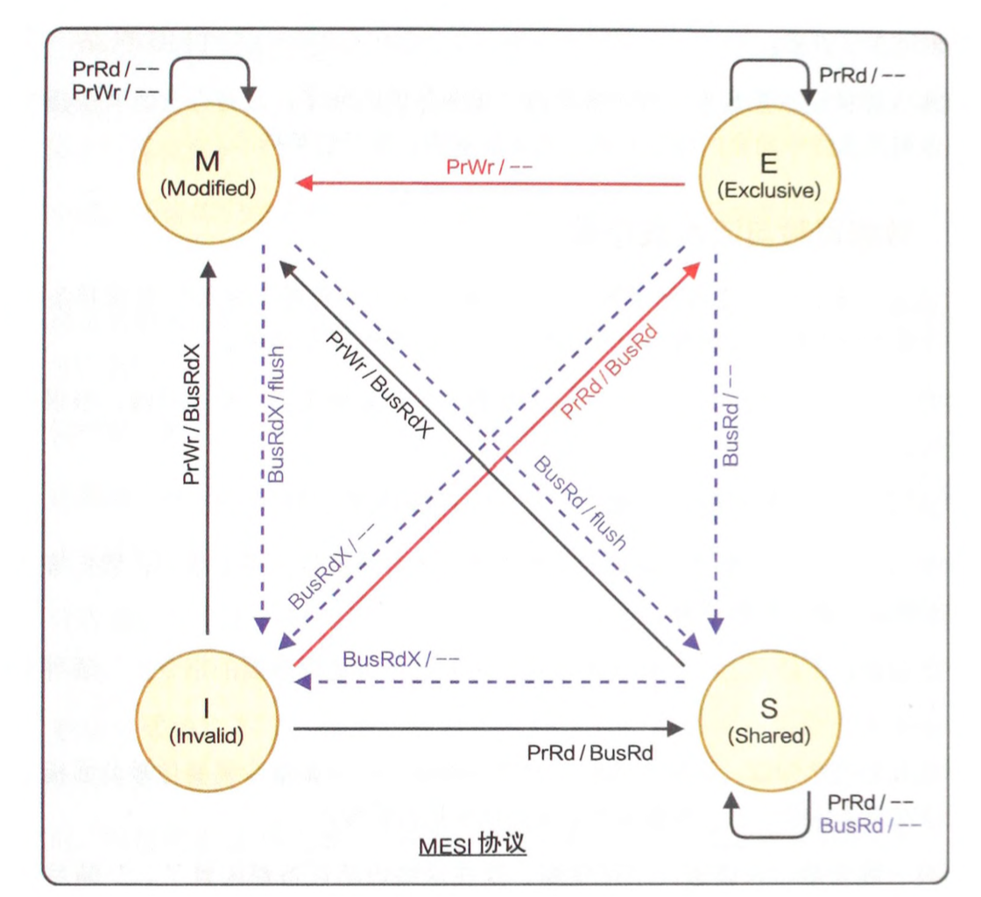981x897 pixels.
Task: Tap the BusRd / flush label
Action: tap(581, 502)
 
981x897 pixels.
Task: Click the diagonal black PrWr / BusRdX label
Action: tap(380, 384)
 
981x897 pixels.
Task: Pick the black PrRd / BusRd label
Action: tap(590, 753)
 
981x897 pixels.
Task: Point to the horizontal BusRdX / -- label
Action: tap(401, 658)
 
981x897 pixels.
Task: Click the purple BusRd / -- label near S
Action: tap(871, 824)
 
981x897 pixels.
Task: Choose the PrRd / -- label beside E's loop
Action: tap(861, 74)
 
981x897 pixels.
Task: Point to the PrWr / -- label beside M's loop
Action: tap(116, 89)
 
